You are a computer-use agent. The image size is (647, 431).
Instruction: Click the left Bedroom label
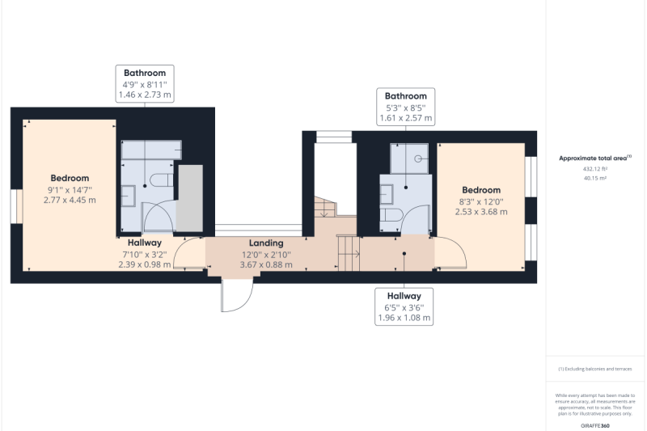70,189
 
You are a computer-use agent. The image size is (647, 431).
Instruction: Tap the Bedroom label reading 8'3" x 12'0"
481,201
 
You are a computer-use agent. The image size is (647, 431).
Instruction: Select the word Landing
266,243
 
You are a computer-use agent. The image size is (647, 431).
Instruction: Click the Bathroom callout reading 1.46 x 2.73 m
145,84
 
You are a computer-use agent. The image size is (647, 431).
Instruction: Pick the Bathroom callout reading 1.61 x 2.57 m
406,107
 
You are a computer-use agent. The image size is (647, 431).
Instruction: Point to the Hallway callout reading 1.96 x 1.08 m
404,306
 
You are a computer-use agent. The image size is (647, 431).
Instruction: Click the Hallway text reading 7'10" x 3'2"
145,254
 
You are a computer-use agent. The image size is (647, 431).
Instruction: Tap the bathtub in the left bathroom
151,150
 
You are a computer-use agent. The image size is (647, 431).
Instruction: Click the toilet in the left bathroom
162,180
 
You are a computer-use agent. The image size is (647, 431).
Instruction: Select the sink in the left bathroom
129,196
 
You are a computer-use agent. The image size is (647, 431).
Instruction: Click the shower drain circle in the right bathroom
418,158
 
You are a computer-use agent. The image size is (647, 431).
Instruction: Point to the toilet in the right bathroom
391,215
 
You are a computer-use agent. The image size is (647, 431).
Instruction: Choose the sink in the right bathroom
387,195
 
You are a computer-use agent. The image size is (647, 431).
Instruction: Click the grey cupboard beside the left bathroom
190,198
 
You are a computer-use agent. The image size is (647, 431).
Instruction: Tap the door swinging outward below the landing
237,295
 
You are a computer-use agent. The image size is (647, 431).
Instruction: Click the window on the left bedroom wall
16,206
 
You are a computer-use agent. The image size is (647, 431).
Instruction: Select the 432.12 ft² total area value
595,169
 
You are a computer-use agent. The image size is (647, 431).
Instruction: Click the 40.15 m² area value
595,178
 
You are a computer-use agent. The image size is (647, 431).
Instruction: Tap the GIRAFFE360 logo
595,425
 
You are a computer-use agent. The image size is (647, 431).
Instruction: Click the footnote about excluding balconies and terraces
595,369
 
